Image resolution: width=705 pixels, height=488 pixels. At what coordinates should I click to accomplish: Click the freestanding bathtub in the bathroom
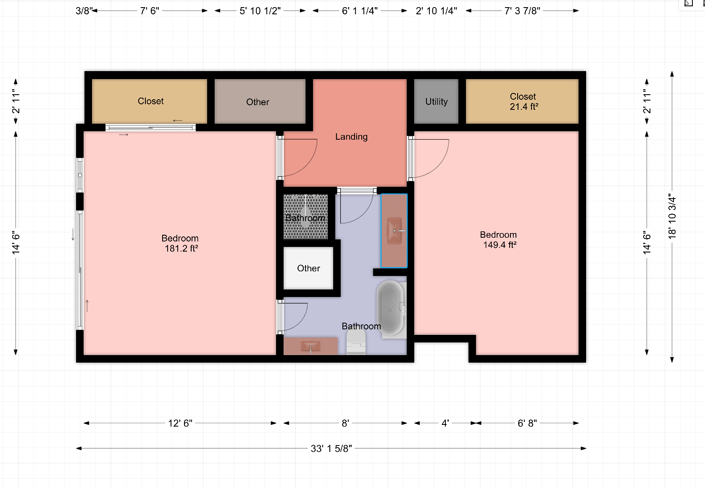point(390,308)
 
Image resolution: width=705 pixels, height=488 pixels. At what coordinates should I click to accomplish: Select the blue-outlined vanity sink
point(394,231)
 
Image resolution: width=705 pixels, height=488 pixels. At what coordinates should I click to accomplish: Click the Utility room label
point(436,101)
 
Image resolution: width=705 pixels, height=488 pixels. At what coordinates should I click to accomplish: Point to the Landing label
point(351,137)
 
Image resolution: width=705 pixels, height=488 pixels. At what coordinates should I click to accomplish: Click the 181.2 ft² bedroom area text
point(181,249)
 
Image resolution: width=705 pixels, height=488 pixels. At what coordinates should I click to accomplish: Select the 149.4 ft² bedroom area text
point(500,245)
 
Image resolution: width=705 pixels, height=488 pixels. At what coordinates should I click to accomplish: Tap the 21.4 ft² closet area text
point(524,107)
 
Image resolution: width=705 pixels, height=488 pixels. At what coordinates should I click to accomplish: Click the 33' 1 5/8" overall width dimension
point(331,448)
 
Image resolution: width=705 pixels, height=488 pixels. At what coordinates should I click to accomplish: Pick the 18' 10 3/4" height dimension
point(672,216)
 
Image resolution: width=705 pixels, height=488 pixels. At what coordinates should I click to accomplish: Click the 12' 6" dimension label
point(180,423)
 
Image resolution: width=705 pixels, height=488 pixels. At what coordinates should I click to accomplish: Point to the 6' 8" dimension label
point(527,423)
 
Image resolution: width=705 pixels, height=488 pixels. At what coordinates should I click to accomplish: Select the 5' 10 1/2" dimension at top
point(260,11)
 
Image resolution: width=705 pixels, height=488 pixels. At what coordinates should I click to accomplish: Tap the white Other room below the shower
point(308,268)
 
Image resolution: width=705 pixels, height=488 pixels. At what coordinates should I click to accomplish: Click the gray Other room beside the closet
point(258,102)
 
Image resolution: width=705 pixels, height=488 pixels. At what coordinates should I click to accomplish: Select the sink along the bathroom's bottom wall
point(310,347)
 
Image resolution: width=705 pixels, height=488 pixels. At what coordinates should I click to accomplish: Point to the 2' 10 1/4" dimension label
point(436,11)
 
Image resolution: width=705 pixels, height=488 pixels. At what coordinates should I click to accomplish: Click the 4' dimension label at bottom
point(445,423)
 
